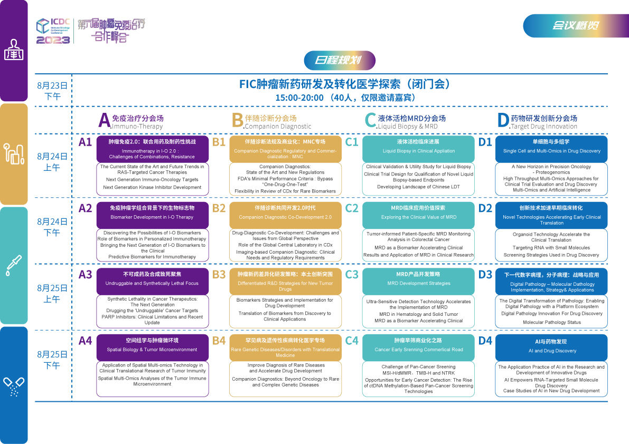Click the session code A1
click(x=85, y=142)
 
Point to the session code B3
click(x=219, y=274)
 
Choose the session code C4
click(x=352, y=341)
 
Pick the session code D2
click(x=485, y=208)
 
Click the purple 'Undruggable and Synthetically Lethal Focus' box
click(x=152, y=279)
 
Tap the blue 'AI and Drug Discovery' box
click(x=551, y=346)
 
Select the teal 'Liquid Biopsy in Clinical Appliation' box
click(x=418, y=147)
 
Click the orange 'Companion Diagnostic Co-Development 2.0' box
click(x=285, y=213)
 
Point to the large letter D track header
click(x=503, y=121)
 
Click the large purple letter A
click(x=104, y=121)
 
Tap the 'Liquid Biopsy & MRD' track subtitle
click(x=408, y=127)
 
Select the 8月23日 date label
click(x=52, y=85)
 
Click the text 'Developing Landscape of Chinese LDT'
click(x=418, y=187)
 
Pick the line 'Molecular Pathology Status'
click(x=551, y=322)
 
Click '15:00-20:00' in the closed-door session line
click(x=299, y=98)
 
